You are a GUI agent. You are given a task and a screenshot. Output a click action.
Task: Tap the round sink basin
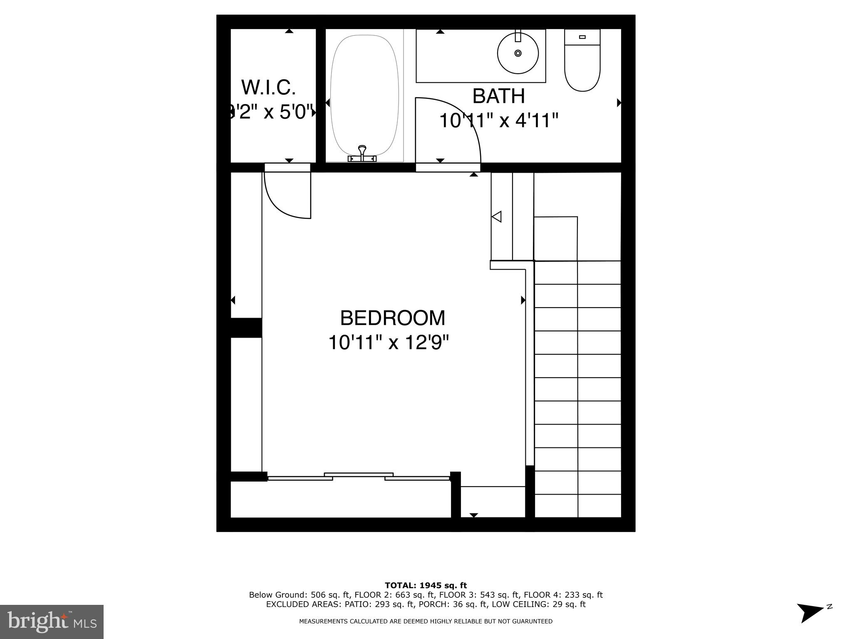518,53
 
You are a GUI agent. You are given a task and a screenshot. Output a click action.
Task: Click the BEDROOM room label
392,318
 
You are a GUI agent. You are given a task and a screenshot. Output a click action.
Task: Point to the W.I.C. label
268,87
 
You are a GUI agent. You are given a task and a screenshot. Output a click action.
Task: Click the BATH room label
498,96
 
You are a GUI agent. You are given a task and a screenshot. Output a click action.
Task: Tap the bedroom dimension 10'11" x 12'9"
389,343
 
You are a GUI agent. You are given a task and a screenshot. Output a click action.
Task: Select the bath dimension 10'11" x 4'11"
498,121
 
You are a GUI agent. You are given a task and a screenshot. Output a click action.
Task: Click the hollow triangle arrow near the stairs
497,217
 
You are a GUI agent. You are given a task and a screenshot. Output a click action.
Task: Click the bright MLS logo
52,622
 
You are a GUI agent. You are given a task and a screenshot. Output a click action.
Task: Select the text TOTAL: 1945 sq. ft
426,586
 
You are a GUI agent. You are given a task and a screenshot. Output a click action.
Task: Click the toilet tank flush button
582,37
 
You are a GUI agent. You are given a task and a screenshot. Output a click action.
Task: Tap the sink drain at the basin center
518,53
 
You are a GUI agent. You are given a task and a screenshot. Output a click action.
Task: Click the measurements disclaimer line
426,622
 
